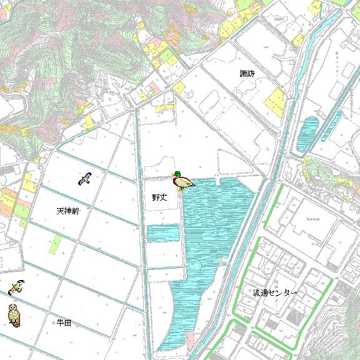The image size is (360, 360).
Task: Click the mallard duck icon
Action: coord(182,182)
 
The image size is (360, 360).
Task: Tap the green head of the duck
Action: coord(177,175)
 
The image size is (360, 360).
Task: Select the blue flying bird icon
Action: coord(85,179)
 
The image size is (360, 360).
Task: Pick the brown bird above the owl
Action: coord(17,287)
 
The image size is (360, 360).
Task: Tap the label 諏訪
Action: coord(247,73)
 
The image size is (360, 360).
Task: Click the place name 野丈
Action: coord(160,197)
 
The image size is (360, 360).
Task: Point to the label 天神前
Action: coord(67,211)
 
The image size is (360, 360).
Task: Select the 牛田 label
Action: coord(64,322)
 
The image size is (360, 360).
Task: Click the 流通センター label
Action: coord(275,292)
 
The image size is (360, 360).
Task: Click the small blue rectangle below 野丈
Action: coord(163,233)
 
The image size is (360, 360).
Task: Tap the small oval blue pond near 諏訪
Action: coord(309,135)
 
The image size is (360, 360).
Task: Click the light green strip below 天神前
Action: coord(56,244)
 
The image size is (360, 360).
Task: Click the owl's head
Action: coord(13,308)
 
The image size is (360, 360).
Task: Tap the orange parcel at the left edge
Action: coord(7,202)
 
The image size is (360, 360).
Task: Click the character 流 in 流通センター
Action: coord(257,292)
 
